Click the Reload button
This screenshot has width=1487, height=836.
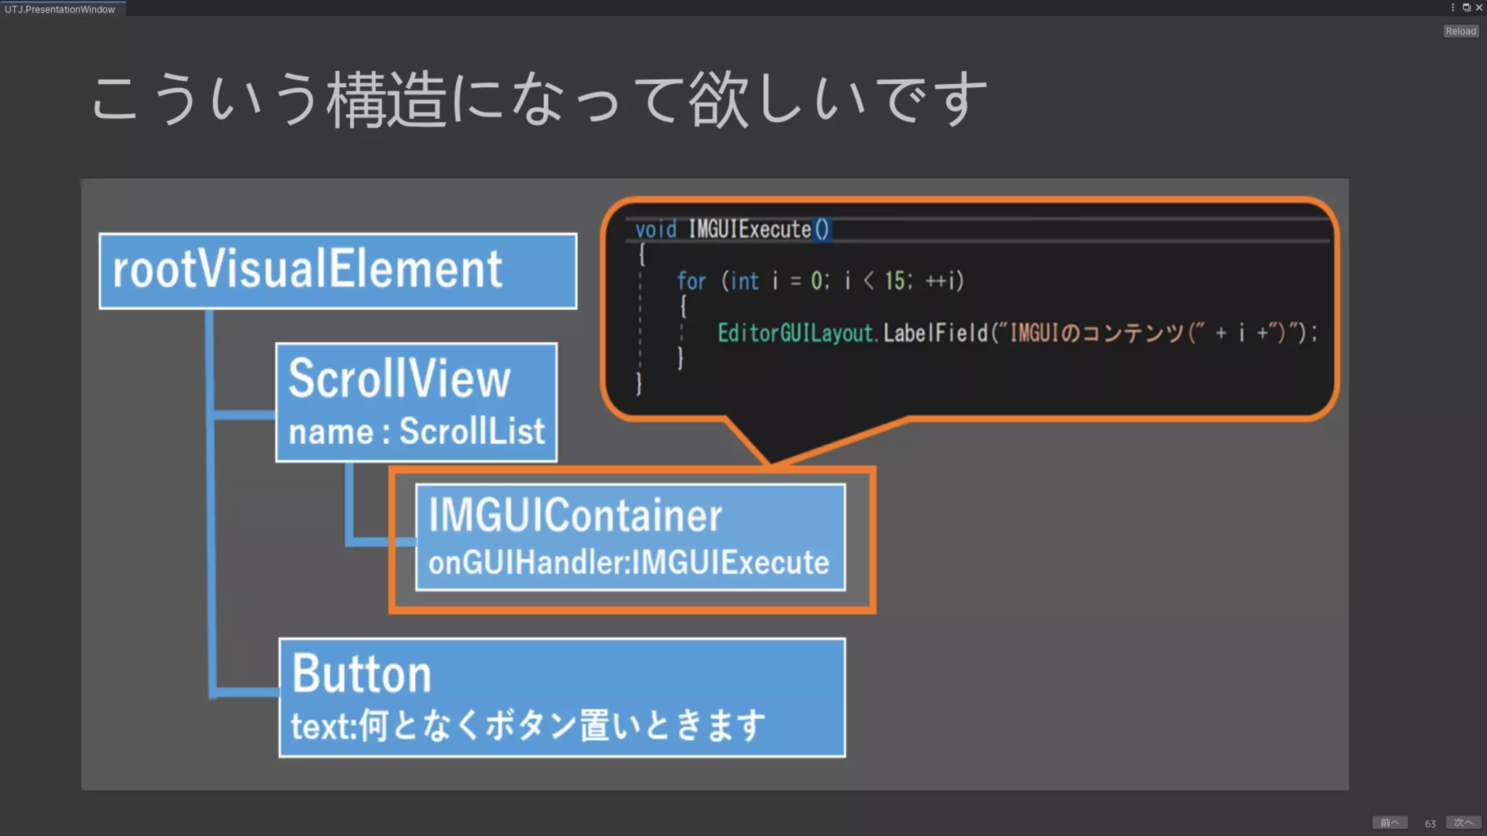point(1460,31)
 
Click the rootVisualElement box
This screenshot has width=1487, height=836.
point(338,271)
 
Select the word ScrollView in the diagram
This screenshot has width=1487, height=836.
point(399,379)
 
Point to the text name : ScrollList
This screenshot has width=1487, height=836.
point(416,432)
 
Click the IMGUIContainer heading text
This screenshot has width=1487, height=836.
point(574,515)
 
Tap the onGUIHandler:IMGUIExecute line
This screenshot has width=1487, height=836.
point(628,562)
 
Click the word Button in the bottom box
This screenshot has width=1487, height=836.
point(362,674)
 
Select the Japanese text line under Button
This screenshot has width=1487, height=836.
point(528,726)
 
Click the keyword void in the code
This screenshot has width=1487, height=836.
point(655,230)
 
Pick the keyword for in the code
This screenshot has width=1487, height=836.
point(691,281)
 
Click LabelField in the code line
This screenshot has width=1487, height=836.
point(935,333)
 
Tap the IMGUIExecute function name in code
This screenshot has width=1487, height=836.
point(749,230)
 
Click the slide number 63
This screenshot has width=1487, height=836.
point(1430,824)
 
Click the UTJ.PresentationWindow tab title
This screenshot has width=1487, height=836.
point(60,9)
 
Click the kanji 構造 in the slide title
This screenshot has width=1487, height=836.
point(386,100)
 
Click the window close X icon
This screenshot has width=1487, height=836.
point(1479,8)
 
